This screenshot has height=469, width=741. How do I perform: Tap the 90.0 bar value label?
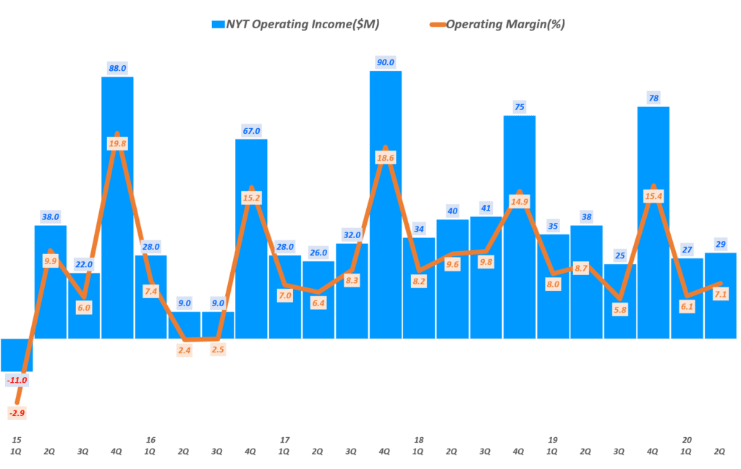[x=385, y=62]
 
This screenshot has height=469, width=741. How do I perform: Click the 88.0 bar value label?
[x=117, y=68]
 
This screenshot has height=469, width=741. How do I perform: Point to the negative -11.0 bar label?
[x=17, y=380]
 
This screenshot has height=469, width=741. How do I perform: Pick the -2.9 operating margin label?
[x=17, y=413]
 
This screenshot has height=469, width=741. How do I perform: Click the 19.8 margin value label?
[x=117, y=144]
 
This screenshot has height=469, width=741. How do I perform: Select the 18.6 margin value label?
[x=385, y=157]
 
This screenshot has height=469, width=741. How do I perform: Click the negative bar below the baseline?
[x=17, y=355]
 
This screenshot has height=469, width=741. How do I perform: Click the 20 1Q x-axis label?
[x=686, y=445]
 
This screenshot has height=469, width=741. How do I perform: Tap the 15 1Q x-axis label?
[x=17, y=445]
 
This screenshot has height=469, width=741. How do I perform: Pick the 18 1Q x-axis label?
[x=418, y=445]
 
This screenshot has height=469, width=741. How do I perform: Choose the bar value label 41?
[x=486, y=208]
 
